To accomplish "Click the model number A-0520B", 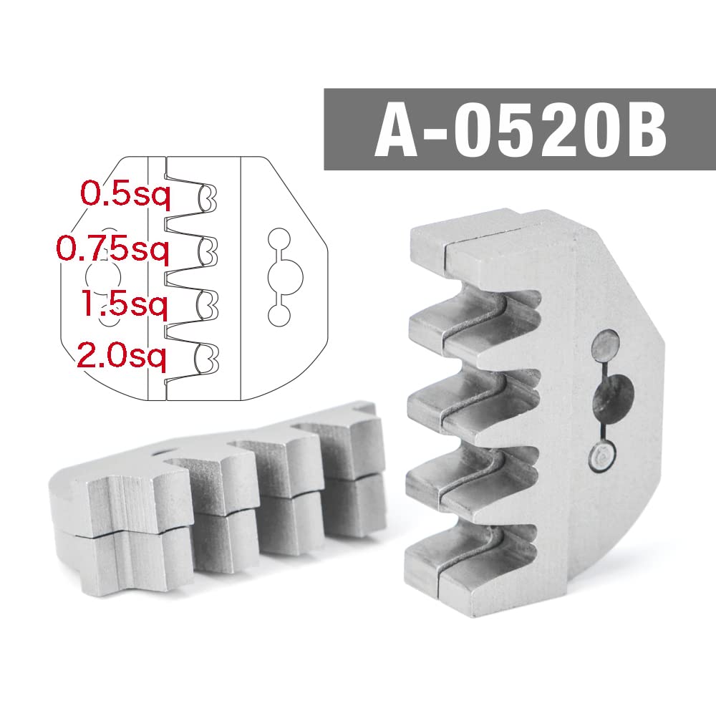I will [519, 130].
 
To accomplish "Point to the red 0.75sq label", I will [112, 249].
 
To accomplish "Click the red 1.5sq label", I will [124, 305].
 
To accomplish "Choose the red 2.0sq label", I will [122, 354].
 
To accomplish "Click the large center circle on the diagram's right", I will [285, 276].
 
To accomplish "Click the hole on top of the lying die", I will [165, 453].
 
